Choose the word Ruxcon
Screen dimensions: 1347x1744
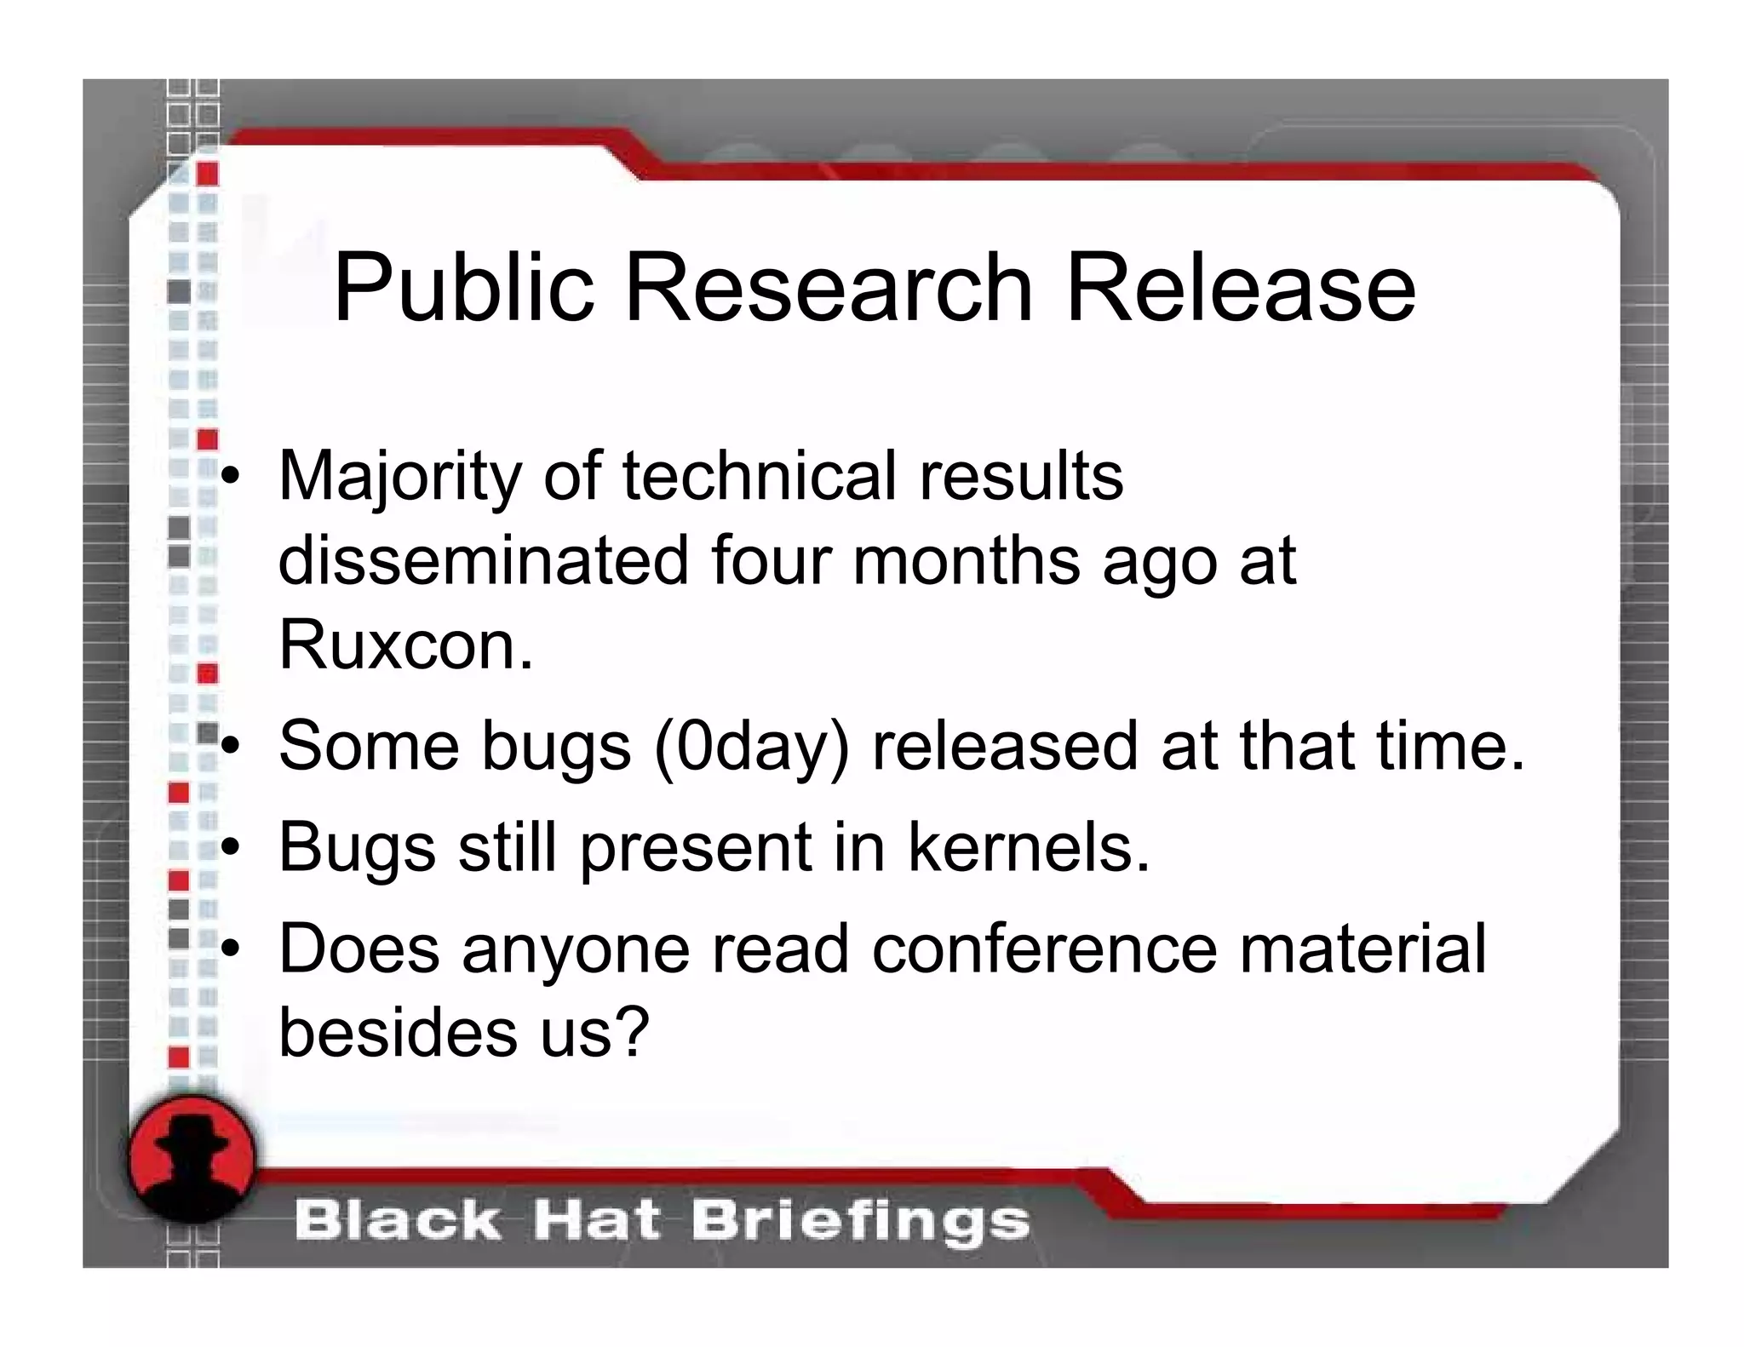[x=405, y=645]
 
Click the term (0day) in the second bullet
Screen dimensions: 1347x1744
[x=751, y=747]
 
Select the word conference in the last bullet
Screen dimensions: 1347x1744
[x=1044, y=949]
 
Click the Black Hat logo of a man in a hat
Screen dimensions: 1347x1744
[x=192, y=1158]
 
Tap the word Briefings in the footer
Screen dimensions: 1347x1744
[x=860, y=1221]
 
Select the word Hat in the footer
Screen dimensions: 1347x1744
[x=595, y=1221]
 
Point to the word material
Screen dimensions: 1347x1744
[x=1362, y=949]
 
